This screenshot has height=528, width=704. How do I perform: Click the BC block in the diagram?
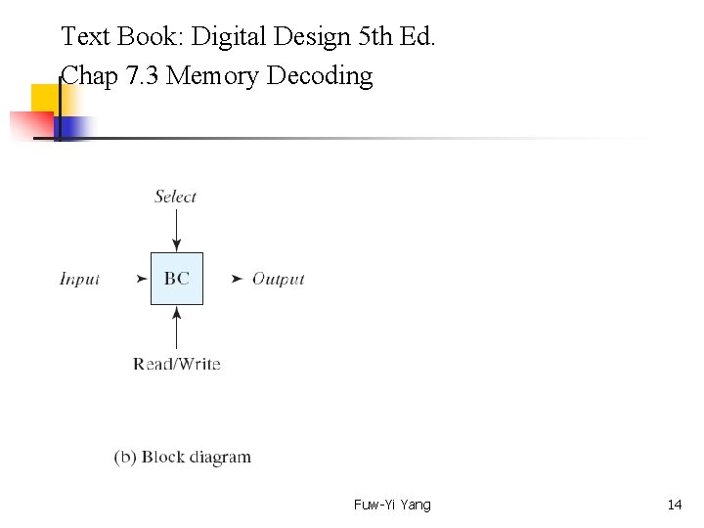coord(177,279)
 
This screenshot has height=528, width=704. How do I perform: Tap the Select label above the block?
coord(176,197)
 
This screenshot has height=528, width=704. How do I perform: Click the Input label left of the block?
coord(80,279)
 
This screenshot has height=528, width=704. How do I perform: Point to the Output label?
coord(279,279)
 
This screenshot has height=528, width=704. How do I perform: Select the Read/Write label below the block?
coord(177,364)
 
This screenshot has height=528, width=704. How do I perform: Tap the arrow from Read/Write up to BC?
coord(176,327)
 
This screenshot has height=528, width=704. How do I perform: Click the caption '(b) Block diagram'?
coord(183,457)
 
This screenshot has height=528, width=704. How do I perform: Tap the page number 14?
coord(674,505)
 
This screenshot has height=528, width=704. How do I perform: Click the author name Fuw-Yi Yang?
coord(392,505)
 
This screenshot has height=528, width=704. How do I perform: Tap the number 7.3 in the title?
coord(143,75)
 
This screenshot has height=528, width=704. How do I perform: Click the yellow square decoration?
coord(44,99)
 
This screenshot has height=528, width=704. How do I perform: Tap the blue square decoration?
coord(75,127)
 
